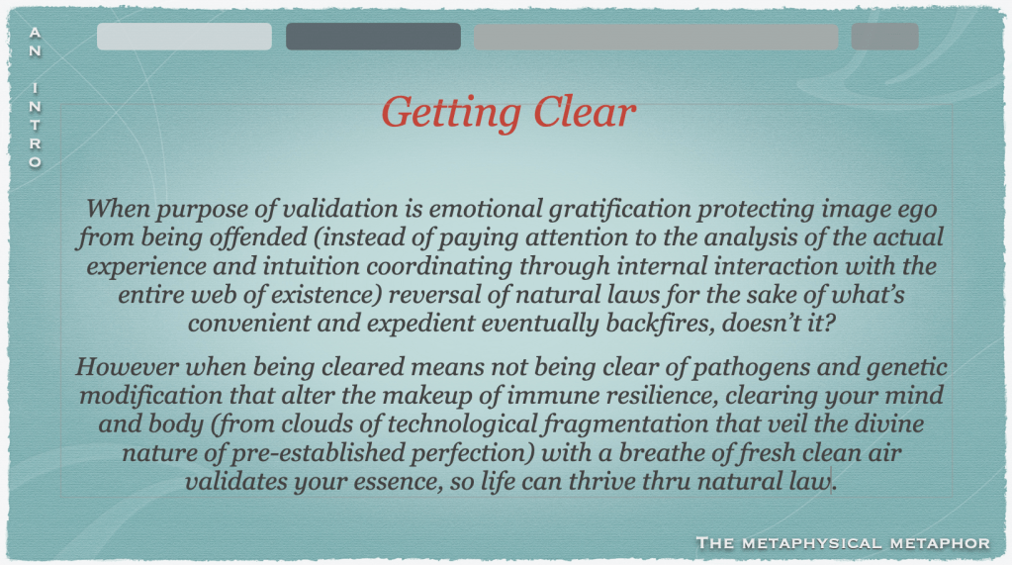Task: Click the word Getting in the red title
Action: [x=451, y=114]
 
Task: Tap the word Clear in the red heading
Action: [x=585, y=113]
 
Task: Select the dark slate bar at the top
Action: [x=373, y=37]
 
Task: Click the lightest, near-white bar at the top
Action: [x=184, y=37]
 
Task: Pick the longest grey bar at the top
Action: [x=656, y=37]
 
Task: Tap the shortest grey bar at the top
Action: [x=884, y=37]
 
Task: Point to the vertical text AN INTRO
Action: [x=35, y=98]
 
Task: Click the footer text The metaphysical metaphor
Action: [x=843, y=543]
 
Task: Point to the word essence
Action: [x=398, y=482]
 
